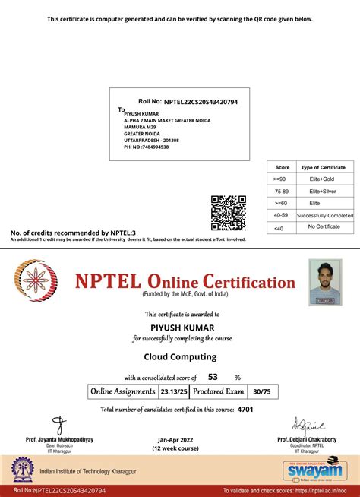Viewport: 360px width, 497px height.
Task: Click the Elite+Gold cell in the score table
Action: coord(323,179)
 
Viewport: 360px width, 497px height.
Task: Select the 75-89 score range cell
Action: coord(282,191)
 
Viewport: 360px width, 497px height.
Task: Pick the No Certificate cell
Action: coord(323,227)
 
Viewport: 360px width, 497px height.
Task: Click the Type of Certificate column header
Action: coord(323,166)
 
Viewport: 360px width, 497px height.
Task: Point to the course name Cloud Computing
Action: coord(180,356)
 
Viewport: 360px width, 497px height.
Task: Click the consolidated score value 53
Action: coord(213,377)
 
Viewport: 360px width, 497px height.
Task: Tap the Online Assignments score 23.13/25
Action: coord(170,392)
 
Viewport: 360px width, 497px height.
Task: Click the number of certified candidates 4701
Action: coord(245,410)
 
